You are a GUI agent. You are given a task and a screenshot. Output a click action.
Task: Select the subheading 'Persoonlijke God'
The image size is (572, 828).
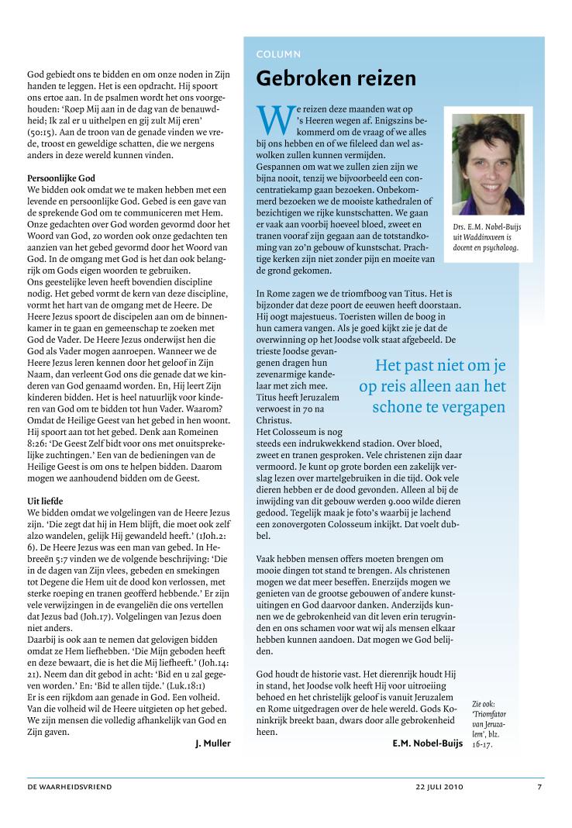[x=60, y=178]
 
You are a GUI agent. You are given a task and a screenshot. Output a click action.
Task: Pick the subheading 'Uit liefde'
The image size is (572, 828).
[x=46, y=501]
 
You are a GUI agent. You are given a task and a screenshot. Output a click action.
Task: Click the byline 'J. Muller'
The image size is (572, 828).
[x=212, y=743]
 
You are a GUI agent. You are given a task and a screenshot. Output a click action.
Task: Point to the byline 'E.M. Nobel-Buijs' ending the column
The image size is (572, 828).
[x=428, y=743]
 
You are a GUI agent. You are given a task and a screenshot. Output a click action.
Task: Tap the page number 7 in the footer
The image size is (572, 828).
[x=539, y=787]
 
